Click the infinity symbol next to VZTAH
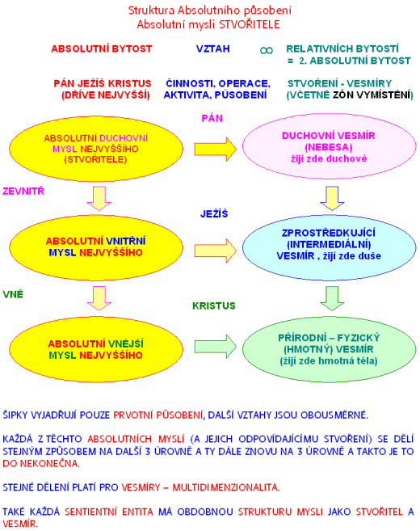click(x=267, y=50)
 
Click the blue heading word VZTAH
click(x=213, y=48)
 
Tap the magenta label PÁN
click(x=212, y=118)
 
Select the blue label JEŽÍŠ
click(x=214, y=213)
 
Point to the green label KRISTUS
click(x=214, y=306)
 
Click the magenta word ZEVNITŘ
click(x=23, y=191)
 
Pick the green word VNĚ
click(x=13, y=294)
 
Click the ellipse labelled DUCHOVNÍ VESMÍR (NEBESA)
click(x=330, y=146)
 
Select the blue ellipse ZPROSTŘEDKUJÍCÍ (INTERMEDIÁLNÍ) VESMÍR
click(x=330, y=248)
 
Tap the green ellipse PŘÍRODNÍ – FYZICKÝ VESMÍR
click(x=330, y=349)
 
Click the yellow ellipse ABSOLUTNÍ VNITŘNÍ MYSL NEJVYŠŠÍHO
click(x=96, y=248)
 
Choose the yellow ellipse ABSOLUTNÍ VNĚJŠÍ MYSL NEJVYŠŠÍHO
click(x=96, y=349)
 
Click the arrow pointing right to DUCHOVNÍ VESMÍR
click(x=216, y=149)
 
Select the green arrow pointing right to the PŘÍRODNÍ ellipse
click(x=216, y=346)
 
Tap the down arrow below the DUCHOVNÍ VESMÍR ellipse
click(x=332, y=198)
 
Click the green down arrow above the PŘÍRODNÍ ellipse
click(x=332, y=298)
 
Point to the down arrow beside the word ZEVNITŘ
click(x=99, y=198)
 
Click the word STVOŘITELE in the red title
click(x=250, y=25)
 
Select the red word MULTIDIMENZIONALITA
click(x=225, y=487)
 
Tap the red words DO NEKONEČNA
click(x=41, y=463)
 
